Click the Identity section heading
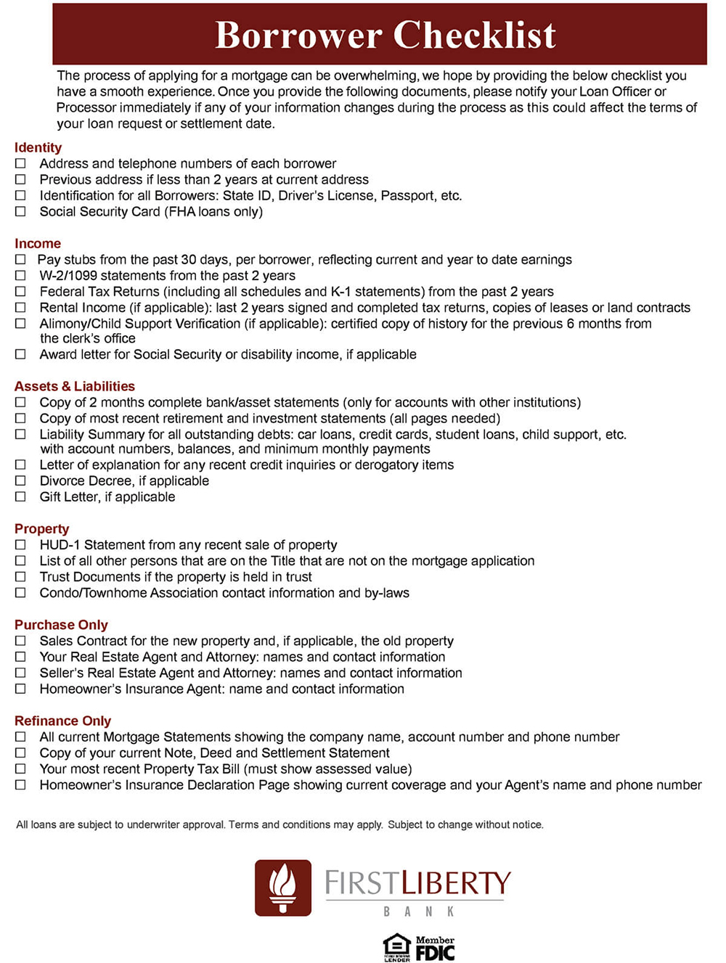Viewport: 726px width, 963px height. (38, 147)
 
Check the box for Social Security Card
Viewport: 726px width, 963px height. (20, 211)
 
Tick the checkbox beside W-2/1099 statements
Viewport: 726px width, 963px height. (20, 276)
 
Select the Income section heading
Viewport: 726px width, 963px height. (38, 244)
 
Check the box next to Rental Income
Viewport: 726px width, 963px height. (20, 308)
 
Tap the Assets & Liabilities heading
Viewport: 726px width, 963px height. (75, 386)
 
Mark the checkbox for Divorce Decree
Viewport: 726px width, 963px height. (20, 480)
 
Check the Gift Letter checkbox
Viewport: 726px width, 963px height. (20, 496)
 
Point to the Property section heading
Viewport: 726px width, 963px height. (41, 528)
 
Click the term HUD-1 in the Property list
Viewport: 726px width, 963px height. (60, 545)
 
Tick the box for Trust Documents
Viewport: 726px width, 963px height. (20, 577)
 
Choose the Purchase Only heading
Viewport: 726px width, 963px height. (61, 625)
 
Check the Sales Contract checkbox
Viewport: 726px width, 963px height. (20, 641)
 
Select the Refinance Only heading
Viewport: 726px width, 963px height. (62, 721)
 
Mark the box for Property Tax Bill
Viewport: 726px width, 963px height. (20, 769)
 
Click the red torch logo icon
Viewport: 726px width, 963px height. (283, 888)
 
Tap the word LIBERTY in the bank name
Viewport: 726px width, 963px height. (457, 883)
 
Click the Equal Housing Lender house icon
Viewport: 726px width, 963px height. (396, 946)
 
